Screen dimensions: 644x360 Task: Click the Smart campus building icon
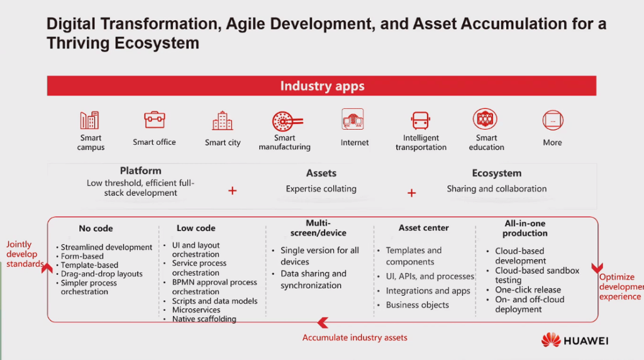(89, 120)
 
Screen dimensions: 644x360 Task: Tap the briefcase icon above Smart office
(155, 120)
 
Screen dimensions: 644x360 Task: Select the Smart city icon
(223, 121)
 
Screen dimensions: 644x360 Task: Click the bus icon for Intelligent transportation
(421, 121)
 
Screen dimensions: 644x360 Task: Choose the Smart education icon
(485, 119)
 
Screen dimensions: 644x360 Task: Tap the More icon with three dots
(553, 120)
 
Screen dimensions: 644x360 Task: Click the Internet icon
(353, 119)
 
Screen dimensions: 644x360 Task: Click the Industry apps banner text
(323, 86)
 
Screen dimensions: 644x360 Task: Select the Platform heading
(140, 171)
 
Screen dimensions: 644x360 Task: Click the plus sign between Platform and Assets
(233, 191)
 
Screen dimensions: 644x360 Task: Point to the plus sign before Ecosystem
(411, 193)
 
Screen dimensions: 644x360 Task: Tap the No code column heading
(96, 228)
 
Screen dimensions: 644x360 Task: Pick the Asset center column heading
(423, 228)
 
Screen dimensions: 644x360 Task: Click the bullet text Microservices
(196, 310)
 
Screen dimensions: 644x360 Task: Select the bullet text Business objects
(418, 305)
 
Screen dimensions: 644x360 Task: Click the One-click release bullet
(528, 290)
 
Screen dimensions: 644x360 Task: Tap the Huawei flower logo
(551, 340)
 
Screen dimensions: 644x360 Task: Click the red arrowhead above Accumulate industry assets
(323, 323)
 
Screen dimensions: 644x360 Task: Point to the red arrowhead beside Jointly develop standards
(47, 268)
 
